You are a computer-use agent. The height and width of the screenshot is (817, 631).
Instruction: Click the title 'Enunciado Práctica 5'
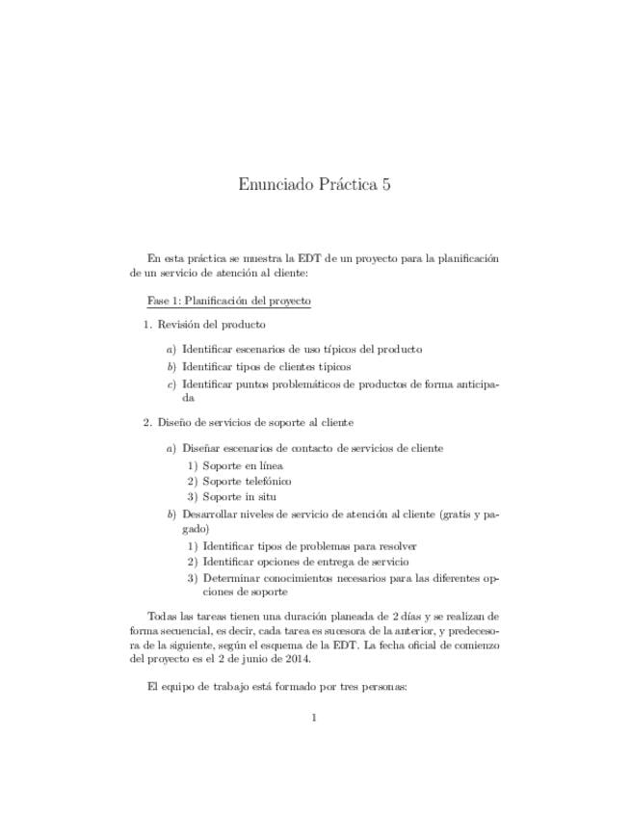tap(314, 184)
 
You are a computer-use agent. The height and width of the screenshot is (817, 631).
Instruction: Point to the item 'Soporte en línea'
tap(243, 465)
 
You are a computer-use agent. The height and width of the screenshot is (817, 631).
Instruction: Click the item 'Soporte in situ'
tap(240, 496)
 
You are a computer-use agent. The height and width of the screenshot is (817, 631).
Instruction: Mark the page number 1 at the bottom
tap(314, 716)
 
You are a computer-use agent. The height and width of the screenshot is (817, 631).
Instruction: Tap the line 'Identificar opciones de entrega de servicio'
tap(305, 561)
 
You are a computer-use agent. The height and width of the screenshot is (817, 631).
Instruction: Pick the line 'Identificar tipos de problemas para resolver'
tap(309, 545)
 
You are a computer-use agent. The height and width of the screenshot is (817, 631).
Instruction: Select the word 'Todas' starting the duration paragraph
tap(163, 615)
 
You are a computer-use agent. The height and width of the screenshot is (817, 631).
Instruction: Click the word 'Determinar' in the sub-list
tap(230, 578)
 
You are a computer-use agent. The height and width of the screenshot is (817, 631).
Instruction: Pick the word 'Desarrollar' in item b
tap(209, 514)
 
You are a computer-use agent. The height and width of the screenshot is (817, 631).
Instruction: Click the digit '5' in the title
tap(384, 184)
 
